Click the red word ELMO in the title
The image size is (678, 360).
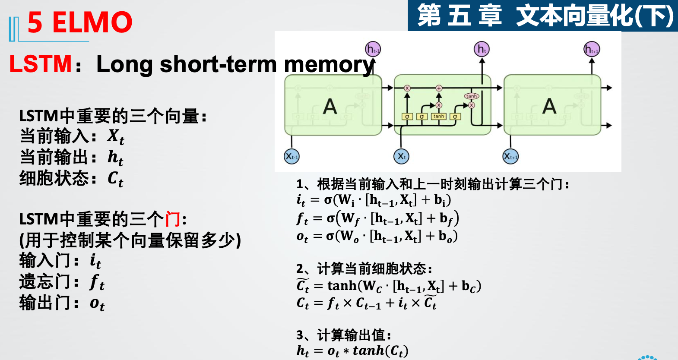(92, 22)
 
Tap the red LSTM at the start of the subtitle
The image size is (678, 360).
(40, 64)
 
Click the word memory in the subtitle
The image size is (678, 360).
(329, 65)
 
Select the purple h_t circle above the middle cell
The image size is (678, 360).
(482, 49)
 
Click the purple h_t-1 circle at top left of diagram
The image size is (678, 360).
(373, 49)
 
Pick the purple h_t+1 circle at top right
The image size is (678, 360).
(592, 49)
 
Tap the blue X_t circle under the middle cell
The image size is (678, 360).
(401, 156)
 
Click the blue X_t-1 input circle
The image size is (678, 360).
(291, 156)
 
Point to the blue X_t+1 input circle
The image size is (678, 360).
(510, 156)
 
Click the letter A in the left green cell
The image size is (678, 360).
(330, 106)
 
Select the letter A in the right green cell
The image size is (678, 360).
(549, 106)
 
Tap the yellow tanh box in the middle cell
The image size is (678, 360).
(438, 117)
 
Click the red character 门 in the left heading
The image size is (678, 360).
(173, 219)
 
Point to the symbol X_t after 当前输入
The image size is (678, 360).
(116, 137)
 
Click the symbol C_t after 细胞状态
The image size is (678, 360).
(115, 178)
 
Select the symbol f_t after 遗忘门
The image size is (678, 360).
(97, 282)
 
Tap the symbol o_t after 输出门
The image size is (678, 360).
(97, 303)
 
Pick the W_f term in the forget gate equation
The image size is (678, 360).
(350, 219)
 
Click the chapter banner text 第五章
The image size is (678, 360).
(459, 16)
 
